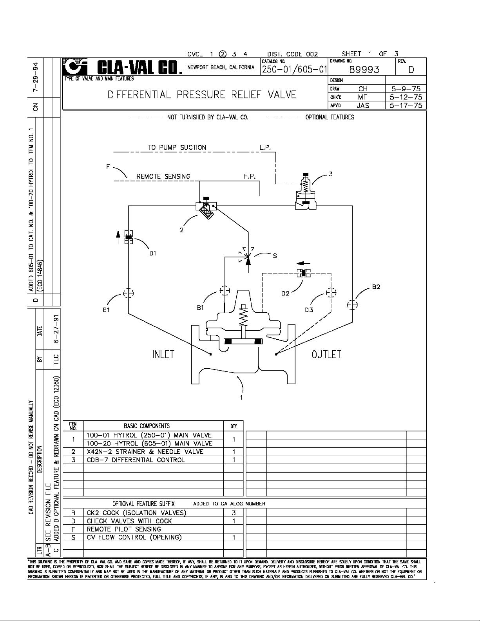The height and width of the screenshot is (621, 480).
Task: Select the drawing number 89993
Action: pos(364,70)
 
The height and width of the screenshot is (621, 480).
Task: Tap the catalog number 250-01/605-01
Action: pos(294,70)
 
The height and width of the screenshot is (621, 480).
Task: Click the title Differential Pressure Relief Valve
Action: pos(202,95)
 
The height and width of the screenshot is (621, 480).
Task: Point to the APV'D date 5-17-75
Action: pos(406,105)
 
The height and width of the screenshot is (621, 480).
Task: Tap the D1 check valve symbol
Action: pos(128,237)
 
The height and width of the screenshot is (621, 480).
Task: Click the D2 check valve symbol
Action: pos(303,273)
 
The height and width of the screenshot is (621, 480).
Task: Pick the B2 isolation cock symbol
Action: pos(352,304)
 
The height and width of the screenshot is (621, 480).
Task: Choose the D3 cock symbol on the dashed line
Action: pos(331,293)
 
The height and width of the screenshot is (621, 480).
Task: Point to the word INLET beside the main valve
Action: pos(163,354)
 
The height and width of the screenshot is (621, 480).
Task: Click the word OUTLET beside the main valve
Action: pos(326,354)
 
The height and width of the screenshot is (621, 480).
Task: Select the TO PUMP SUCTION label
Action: pos(177,147)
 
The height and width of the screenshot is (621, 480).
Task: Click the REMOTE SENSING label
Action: pos(163,176)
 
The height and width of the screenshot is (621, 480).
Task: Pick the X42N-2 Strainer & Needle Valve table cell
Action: pos(145,452)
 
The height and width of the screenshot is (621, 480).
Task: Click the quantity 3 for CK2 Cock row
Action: pos(234,513)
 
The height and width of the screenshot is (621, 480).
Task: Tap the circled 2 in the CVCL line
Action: pos(223,54)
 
